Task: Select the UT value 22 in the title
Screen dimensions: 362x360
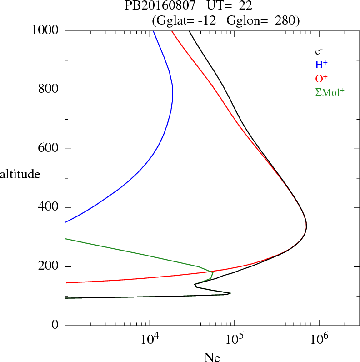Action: [x=245, y=6]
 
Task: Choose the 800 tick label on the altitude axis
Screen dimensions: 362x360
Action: [x=50, y=90]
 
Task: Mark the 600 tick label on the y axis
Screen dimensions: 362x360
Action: [x=50, y=149]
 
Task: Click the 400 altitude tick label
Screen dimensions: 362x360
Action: [x=50, y=208]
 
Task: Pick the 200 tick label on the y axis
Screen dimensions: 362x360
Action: [x=50, y=266]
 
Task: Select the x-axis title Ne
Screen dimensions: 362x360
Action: [x=212, y=357]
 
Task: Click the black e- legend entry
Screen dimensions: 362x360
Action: [x=319, y=52]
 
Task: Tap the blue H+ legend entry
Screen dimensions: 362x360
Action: [x=321, y=65]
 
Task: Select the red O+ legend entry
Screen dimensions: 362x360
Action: [x=321, y=78]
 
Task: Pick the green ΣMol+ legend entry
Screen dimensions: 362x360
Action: [x=330, y=92]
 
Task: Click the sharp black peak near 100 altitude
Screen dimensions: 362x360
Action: [x=230, y=293]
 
